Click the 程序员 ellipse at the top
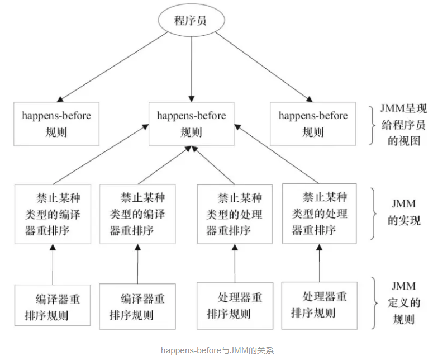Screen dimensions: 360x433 point(191,21)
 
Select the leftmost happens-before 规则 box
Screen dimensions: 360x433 point(56,124)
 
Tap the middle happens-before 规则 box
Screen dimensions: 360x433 point(191,124)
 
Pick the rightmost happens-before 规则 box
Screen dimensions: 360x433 point(312,124)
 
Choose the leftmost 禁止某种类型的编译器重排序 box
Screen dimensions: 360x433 point(53,214)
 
